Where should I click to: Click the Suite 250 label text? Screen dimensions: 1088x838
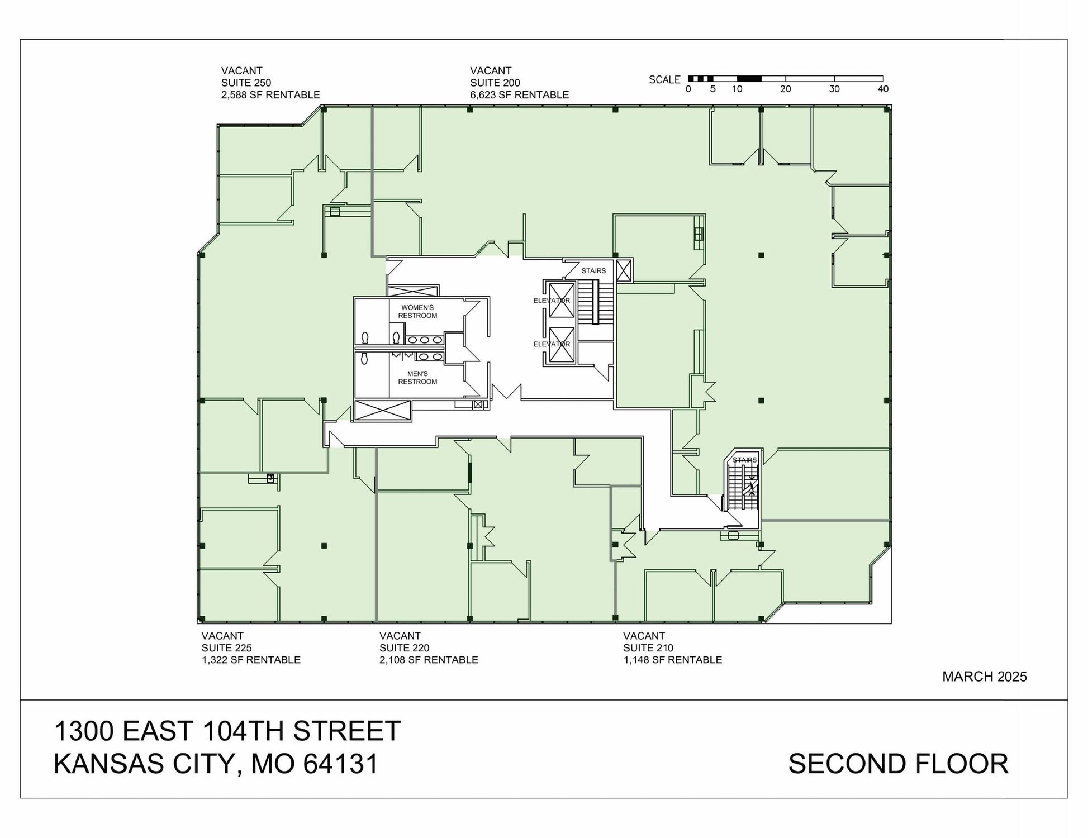click(246, 83)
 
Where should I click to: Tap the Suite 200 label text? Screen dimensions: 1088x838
click(495, 83)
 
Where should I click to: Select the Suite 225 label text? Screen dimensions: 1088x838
click(226, 648)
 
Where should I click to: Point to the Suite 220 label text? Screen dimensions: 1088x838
click(404, 648)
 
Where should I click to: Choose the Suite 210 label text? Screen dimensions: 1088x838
click(648, 648)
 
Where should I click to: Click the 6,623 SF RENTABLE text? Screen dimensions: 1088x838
click(519, 95)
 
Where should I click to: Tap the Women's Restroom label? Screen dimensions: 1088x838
click(417, 312)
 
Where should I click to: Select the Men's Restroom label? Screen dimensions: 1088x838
click(417, 378)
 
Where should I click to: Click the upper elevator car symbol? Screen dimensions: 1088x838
click(562, 301)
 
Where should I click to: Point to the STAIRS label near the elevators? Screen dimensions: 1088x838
click(593, 271)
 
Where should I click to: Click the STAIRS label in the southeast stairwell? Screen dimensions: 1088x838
click(744, 460)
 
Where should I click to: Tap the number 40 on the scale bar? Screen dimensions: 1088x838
click(883, 89)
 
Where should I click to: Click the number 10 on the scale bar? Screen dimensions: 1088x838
click(737, 89)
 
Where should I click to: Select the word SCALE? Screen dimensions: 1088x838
click(664, 80)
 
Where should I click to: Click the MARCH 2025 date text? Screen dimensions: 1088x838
click(985, 677)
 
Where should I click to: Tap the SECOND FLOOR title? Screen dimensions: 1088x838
click(899, 764)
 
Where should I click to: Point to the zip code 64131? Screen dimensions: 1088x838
click(341, 764)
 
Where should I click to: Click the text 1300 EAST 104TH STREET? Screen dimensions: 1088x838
click(227, 731)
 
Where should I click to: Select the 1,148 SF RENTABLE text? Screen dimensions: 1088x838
click(673, 660)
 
